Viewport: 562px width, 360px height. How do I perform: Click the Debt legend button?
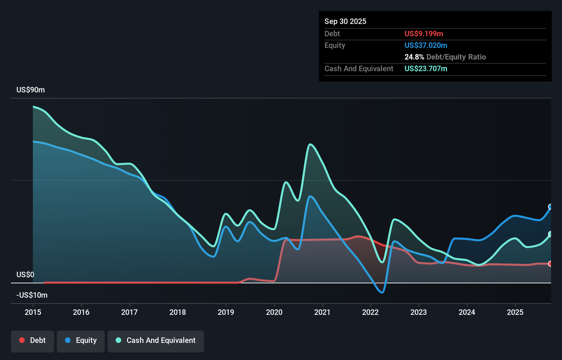click(33, 340)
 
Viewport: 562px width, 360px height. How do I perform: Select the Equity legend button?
click(81, 340)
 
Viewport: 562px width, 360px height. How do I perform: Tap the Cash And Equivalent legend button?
click(156, 340)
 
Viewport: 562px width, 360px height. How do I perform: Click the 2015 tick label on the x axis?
click(33, 312)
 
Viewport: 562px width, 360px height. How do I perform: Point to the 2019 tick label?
click(226, 312)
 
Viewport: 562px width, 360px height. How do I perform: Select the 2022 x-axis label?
click(370, 312)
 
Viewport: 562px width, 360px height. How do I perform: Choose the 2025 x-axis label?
click(515, 312)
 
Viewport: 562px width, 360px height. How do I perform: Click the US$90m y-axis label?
click(30, 90)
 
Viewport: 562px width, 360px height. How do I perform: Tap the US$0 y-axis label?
click(25, 274)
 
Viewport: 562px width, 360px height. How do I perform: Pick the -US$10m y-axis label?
click(32, 295)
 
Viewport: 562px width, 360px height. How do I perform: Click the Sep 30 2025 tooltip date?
click(345, 21)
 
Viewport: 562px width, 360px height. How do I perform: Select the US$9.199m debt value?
click(424, 34)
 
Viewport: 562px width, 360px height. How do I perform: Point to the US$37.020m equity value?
click(426, 45)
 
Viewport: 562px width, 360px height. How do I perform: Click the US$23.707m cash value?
click(426, 68)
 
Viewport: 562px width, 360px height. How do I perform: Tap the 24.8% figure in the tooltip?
click(414, 57)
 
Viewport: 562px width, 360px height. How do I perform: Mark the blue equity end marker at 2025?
click(550, 207)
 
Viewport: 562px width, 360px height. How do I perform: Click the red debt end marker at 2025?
click(550, 264)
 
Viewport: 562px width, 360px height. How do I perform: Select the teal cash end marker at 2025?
click(550, 234)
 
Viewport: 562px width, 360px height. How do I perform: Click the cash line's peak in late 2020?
click(310, 144)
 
